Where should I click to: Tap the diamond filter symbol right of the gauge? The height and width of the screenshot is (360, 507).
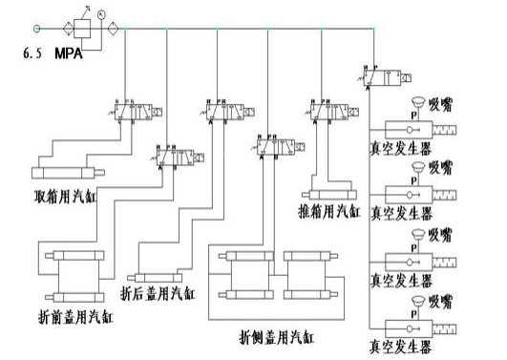(116, 29)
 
